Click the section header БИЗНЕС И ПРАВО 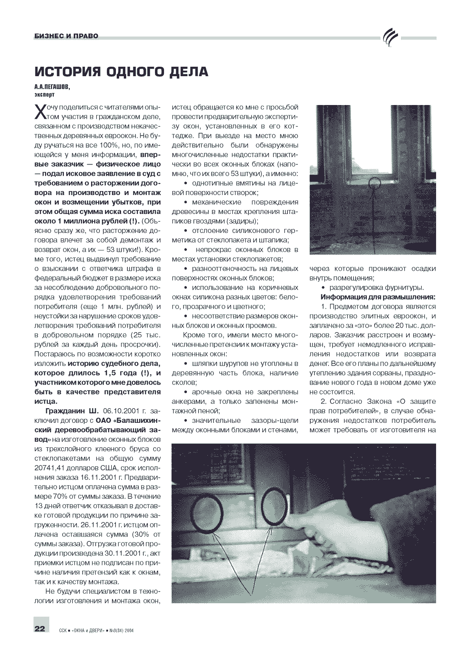click(x=66, y=37)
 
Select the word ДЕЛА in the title click(x=189, y=71)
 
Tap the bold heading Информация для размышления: click(x=378, y=297)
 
